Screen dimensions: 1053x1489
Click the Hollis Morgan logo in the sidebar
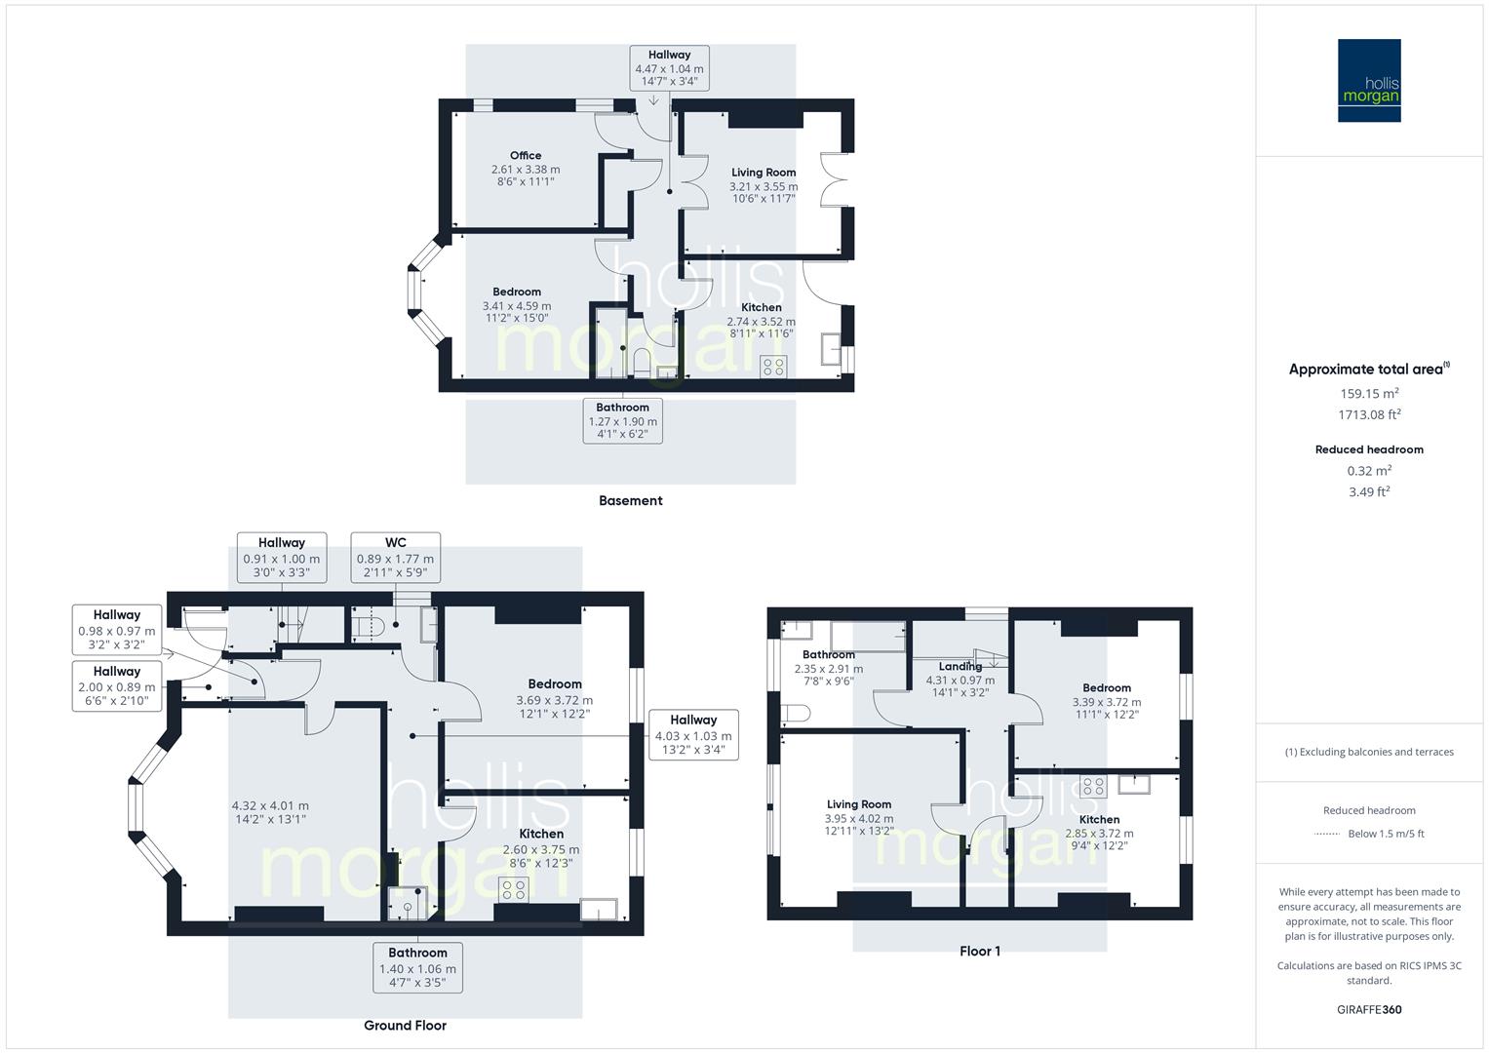(x=1368, y=81)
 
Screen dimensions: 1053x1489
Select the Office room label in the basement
(x=525, y=156)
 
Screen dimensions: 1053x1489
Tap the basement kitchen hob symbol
(x=773, y=367)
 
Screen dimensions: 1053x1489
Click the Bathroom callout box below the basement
(x=622, y=420)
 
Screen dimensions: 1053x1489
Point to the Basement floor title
(x=630, y=501)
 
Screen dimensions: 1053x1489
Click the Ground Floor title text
(x=405, y=1026)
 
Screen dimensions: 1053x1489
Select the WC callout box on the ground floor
(x=395, y=558)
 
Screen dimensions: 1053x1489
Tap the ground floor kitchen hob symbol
(x=513, y=889)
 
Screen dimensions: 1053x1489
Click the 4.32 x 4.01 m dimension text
(x=270, y=805)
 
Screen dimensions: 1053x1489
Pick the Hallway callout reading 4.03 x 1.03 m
(x=692, y=735)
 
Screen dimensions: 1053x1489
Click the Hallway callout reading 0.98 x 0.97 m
(x=117, y=631)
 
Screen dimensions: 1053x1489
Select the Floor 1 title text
(x=980, y=952)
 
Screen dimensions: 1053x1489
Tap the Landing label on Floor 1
(x=960, y=667)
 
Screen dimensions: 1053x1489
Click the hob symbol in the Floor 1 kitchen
(x=1092, y=786)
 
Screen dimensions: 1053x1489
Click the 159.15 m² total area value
(x=1369, y=394)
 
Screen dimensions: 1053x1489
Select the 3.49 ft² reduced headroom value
(x=1369, y=492)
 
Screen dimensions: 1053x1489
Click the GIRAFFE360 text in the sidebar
(x=1369, y=1010)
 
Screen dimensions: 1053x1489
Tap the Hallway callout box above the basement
(x=669, y=68)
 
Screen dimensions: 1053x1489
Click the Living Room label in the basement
(x=764, y=173)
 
